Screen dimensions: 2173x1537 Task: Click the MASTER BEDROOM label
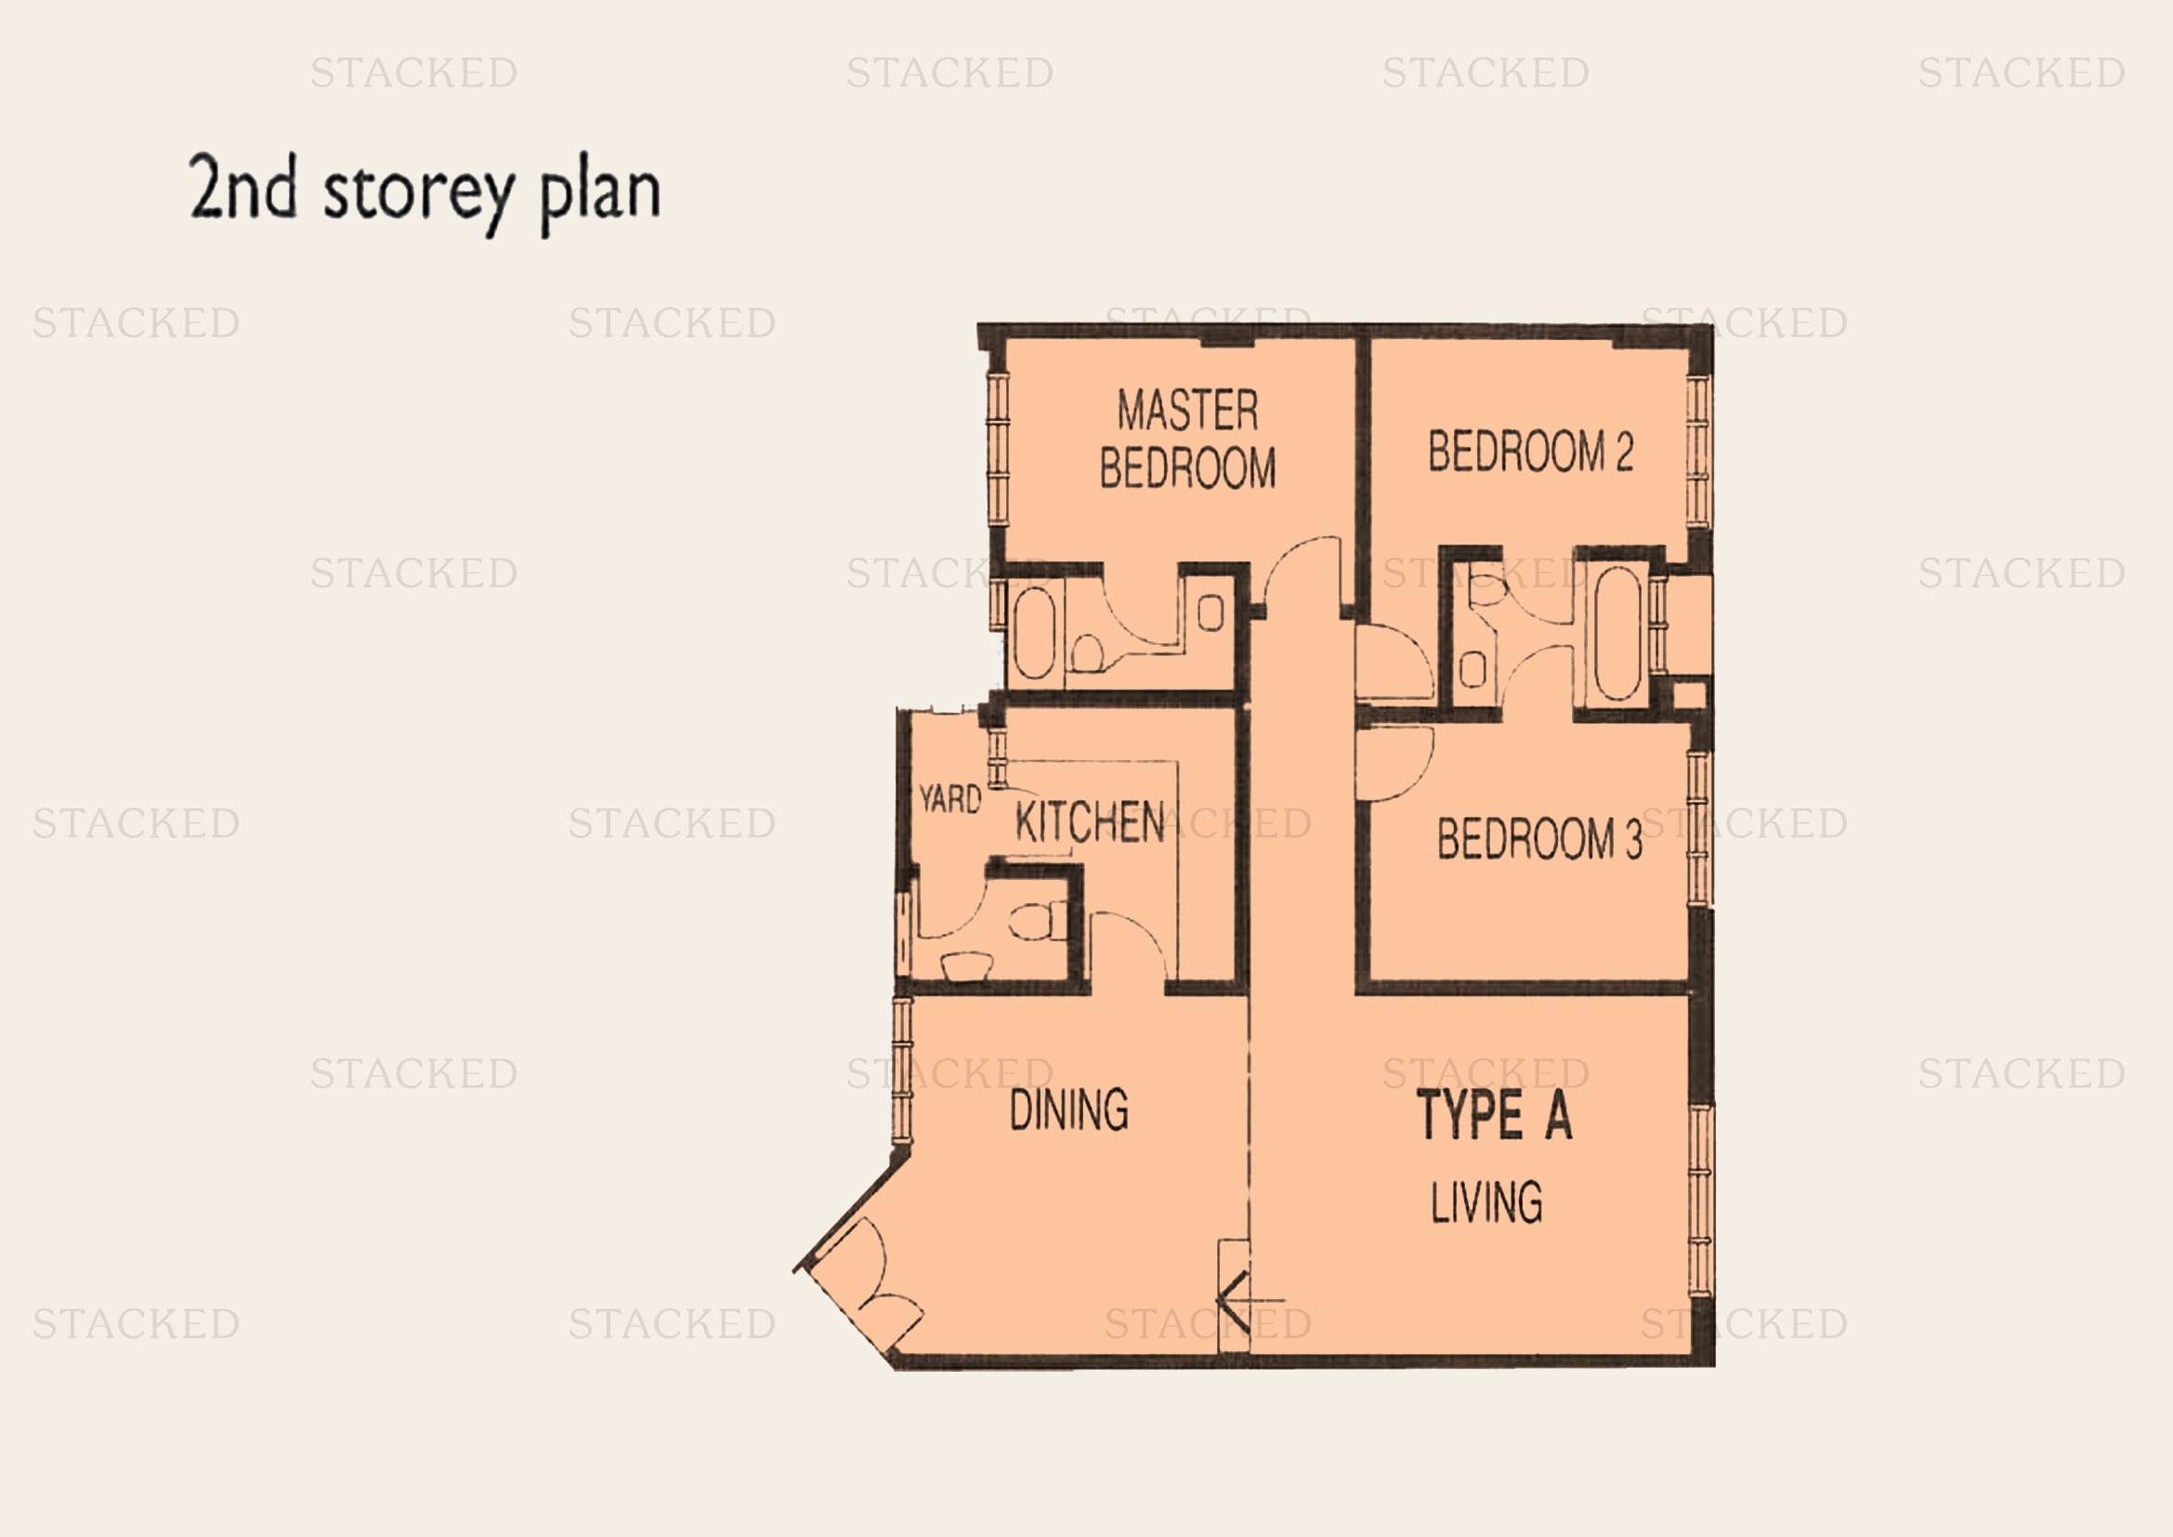click(1188, 440)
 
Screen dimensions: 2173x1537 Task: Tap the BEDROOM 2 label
click(1530, 451)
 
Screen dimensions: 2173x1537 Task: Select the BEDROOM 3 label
click(1538, 838)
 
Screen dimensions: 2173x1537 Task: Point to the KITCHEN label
click(1090, 821)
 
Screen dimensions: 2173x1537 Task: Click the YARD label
click(950, 799)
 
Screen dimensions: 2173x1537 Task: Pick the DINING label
click(1068, 1110)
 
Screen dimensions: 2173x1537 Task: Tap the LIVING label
click(1486, 1202)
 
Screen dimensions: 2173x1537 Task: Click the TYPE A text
click(1495, 1115)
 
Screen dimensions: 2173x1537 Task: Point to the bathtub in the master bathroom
click(1034, 633)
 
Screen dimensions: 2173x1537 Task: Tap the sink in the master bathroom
click(1211, 614)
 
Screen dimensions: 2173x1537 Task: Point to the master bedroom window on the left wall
click(999, 447)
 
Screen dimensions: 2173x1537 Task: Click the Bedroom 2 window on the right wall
click(1699, 451)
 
